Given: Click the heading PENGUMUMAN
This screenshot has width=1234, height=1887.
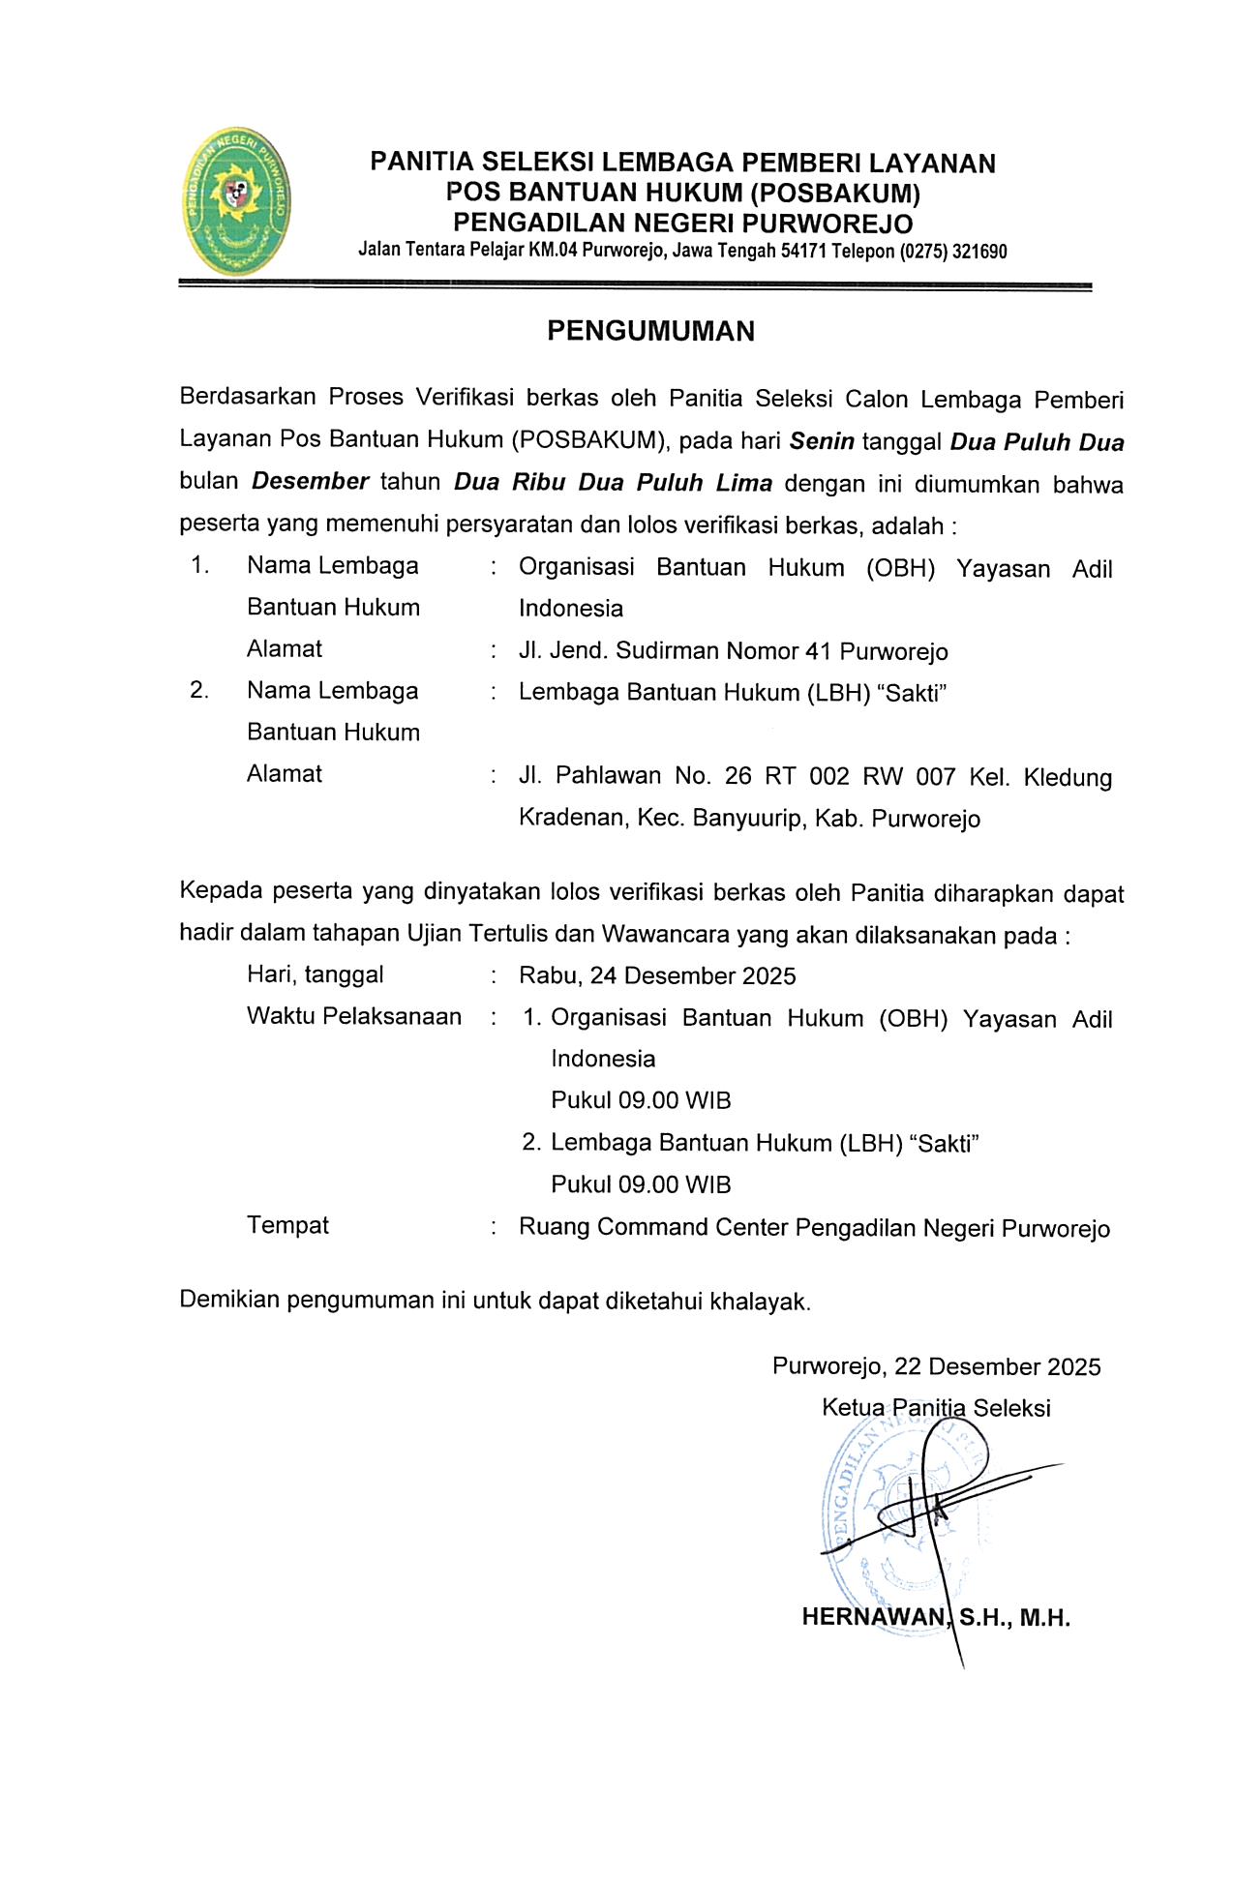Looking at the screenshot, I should point(650,332).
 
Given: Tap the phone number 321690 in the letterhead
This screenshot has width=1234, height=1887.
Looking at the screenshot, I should point(979,253).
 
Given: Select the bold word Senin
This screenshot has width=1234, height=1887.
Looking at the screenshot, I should point(822,442).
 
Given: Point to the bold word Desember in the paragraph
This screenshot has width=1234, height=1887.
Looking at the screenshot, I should point(311,482).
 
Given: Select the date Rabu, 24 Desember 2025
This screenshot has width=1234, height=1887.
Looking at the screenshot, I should point(657,975).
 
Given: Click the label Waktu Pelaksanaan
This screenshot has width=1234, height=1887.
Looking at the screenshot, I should point(354,1017).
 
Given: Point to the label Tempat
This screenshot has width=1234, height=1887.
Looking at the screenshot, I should point(287,1226).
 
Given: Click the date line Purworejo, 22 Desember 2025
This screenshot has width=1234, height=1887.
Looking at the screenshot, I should point(936,1366).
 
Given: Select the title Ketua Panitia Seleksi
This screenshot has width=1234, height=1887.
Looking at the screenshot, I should point(936,1408).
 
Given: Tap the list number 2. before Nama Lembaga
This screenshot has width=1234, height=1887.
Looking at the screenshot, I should point(199,691).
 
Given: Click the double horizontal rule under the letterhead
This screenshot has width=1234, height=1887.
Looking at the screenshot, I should point(635,285).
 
